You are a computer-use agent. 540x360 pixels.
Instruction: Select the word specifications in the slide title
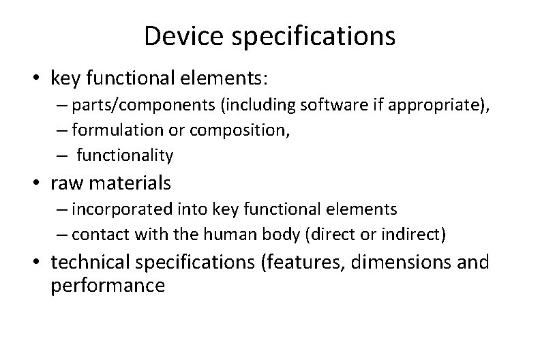[x=314, y=37]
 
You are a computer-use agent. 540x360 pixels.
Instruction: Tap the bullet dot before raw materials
[x=39, y=183]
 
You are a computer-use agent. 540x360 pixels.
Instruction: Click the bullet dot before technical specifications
[x=39, y=261]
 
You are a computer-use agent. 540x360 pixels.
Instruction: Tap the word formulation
[x=110, y=130]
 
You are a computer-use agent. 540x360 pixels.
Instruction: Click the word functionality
[x=125, y=155]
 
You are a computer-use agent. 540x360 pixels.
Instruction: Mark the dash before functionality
[x=61, y=155]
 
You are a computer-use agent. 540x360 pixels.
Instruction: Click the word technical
[x=92, y=261]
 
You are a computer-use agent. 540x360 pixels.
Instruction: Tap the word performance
[x=108, y=285]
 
